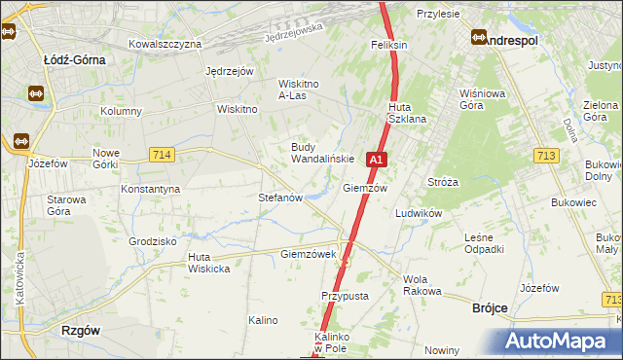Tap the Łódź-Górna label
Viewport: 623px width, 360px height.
click(74, 58)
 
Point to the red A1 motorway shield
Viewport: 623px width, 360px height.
click(378, 159)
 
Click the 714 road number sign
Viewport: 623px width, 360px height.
click(163, 155)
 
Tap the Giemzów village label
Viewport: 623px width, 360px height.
click(366, 188)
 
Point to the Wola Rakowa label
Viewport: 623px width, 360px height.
click(422, 285)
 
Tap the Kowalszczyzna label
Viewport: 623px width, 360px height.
click(165, 44)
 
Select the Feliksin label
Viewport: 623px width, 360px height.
click(388, 45)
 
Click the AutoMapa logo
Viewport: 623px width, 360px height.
click(558, 342)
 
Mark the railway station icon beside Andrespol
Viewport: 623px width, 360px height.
click(479, 38)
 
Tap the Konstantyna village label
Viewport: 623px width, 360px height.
click(150, 189)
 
